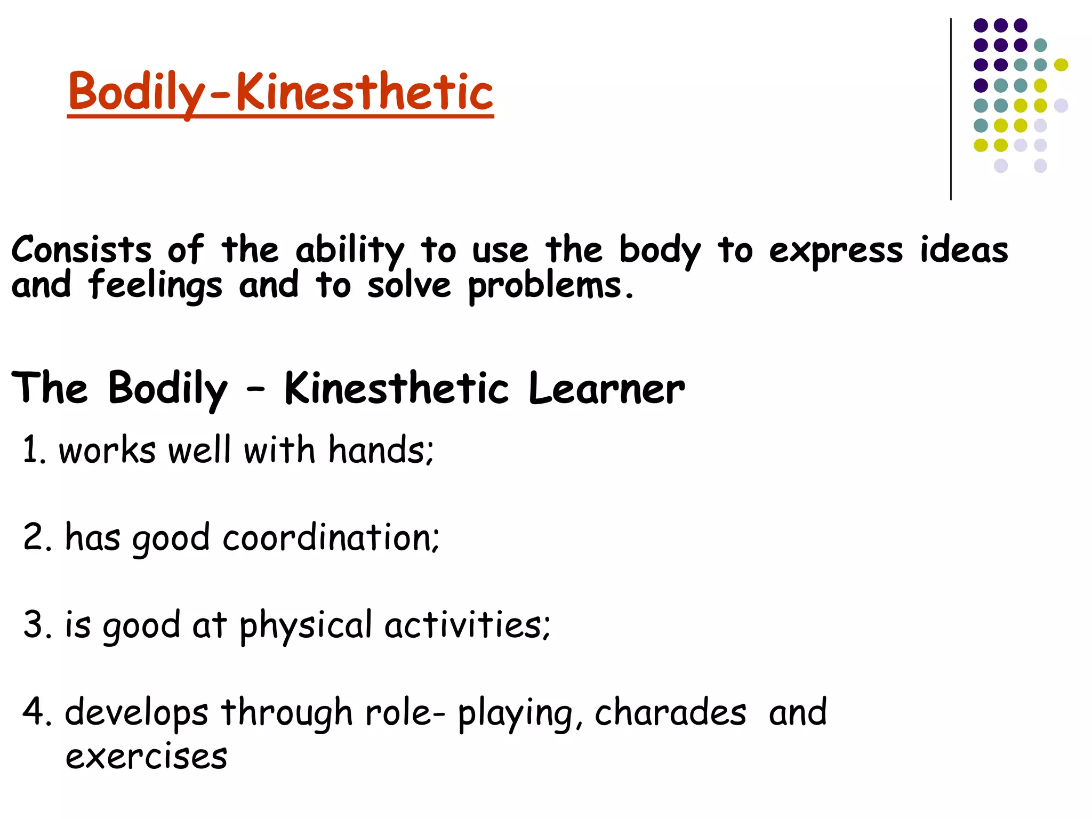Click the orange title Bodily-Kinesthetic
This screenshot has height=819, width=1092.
[280, 92]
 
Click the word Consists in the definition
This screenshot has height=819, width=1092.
[81, 250]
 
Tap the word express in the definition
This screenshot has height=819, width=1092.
[835, 251]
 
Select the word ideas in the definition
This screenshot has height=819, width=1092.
[964, 250]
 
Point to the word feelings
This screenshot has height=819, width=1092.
[155, 286]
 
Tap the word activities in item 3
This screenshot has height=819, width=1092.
[466, 624]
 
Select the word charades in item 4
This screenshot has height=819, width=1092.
[670, 712]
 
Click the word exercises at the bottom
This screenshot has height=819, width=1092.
[146, 756]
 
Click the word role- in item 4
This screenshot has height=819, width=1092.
[404, 712]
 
